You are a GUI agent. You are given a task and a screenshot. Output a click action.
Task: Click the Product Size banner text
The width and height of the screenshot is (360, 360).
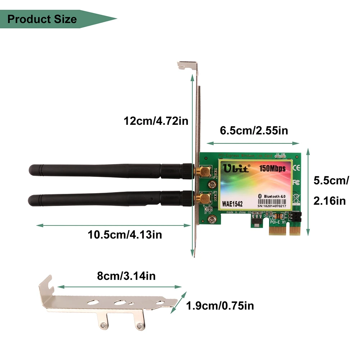click(42, 19)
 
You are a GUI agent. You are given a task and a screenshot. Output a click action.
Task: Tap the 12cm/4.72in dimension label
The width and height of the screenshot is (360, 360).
click(156, 121)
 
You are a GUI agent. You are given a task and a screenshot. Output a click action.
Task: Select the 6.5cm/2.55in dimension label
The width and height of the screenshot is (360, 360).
click(254, 130)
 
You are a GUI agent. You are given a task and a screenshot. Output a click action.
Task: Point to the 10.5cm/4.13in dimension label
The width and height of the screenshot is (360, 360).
click(125, 235)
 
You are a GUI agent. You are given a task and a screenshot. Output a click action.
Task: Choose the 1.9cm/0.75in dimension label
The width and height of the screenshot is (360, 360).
click(220, 306)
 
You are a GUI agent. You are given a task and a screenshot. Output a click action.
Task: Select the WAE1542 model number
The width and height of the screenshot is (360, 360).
click(232, 204)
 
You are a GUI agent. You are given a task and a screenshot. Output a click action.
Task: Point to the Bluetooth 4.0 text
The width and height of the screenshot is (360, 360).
click(275, 196)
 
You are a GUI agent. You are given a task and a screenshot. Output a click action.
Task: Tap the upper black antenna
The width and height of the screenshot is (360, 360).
click(108, 171)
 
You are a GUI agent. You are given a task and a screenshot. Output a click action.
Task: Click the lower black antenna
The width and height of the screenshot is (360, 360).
click(108, 199)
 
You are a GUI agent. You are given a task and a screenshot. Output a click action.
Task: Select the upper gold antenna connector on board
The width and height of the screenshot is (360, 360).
click(205, 171)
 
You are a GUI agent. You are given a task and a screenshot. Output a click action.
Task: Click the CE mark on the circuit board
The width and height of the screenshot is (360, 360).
click(297, 168)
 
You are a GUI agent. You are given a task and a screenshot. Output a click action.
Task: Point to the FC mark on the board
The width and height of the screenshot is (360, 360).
click(296, 182)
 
